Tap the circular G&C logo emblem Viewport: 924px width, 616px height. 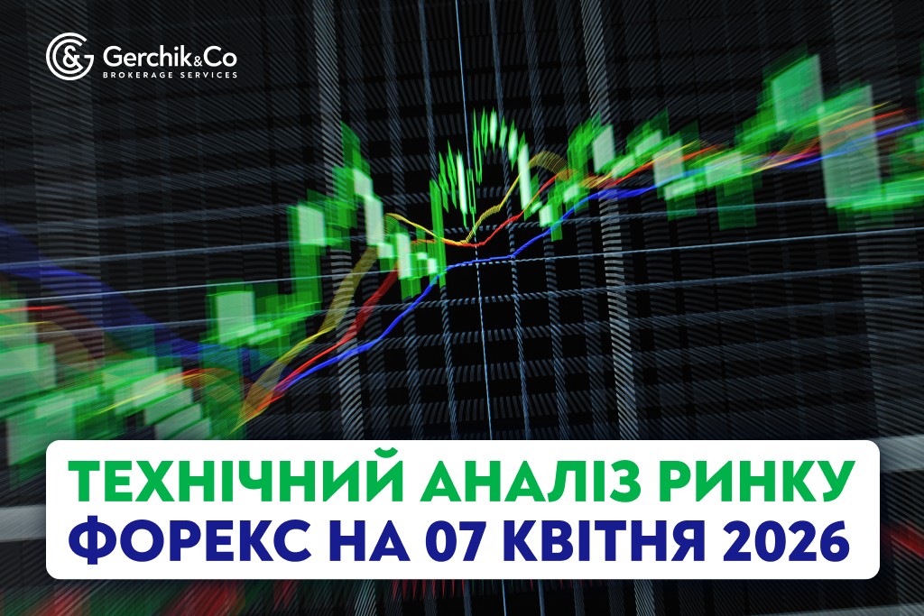[x=69, y=57]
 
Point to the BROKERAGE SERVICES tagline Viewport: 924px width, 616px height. [x=171, y=75]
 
